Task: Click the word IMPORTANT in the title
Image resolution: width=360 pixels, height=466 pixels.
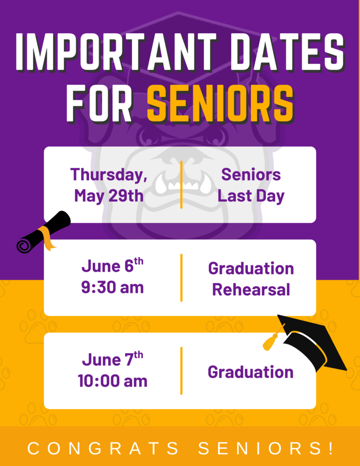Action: tap(116, 51)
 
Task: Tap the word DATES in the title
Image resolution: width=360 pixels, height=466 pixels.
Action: tap(287, 51)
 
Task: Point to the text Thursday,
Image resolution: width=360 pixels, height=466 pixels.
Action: tap(109, 174)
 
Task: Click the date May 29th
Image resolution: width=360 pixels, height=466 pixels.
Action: tap(109, 196)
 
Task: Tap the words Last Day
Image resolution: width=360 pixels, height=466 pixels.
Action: tap(251, 196)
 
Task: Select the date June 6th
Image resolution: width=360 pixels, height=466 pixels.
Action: tap(112, 265)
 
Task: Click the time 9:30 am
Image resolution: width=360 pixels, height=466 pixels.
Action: tap(112, 288)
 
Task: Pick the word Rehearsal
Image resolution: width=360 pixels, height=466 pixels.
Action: tap(251, 289)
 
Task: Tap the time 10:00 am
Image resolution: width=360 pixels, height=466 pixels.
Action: tap(112, 381)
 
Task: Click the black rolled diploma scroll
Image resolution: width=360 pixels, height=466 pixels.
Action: tap(43, 232)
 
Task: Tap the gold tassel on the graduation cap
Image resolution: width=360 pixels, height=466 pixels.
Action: tap(271, 341)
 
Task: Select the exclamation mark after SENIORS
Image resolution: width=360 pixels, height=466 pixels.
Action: tap(331, 448)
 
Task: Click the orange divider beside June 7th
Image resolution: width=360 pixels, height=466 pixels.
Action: tap(181, 370)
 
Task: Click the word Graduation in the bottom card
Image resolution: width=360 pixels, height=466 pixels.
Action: tap(251, 372)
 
